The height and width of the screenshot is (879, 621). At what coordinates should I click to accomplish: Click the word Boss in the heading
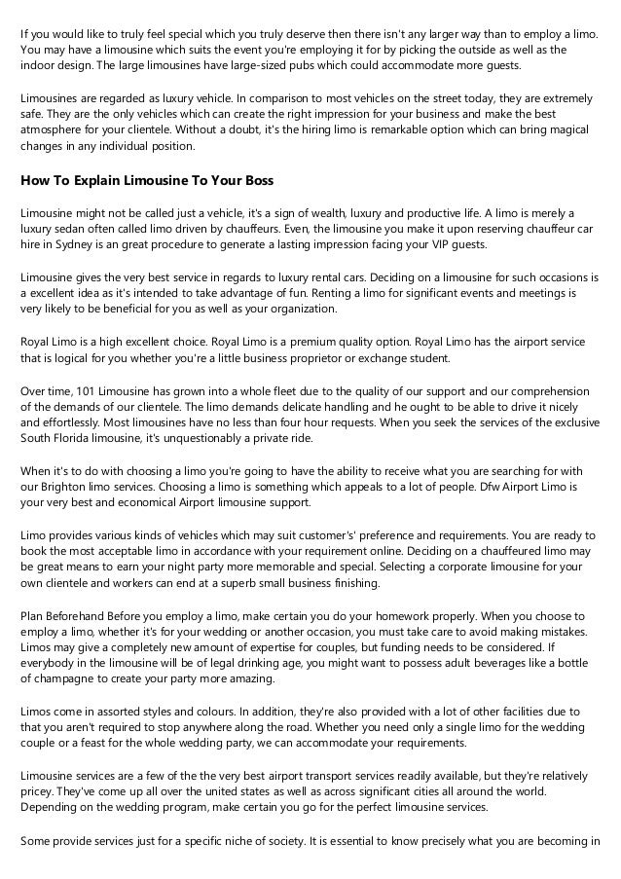pyautogui.click(x=256, y=181)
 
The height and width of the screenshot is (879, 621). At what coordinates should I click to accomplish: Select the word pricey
pyautogui.click(x=37, y=791)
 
